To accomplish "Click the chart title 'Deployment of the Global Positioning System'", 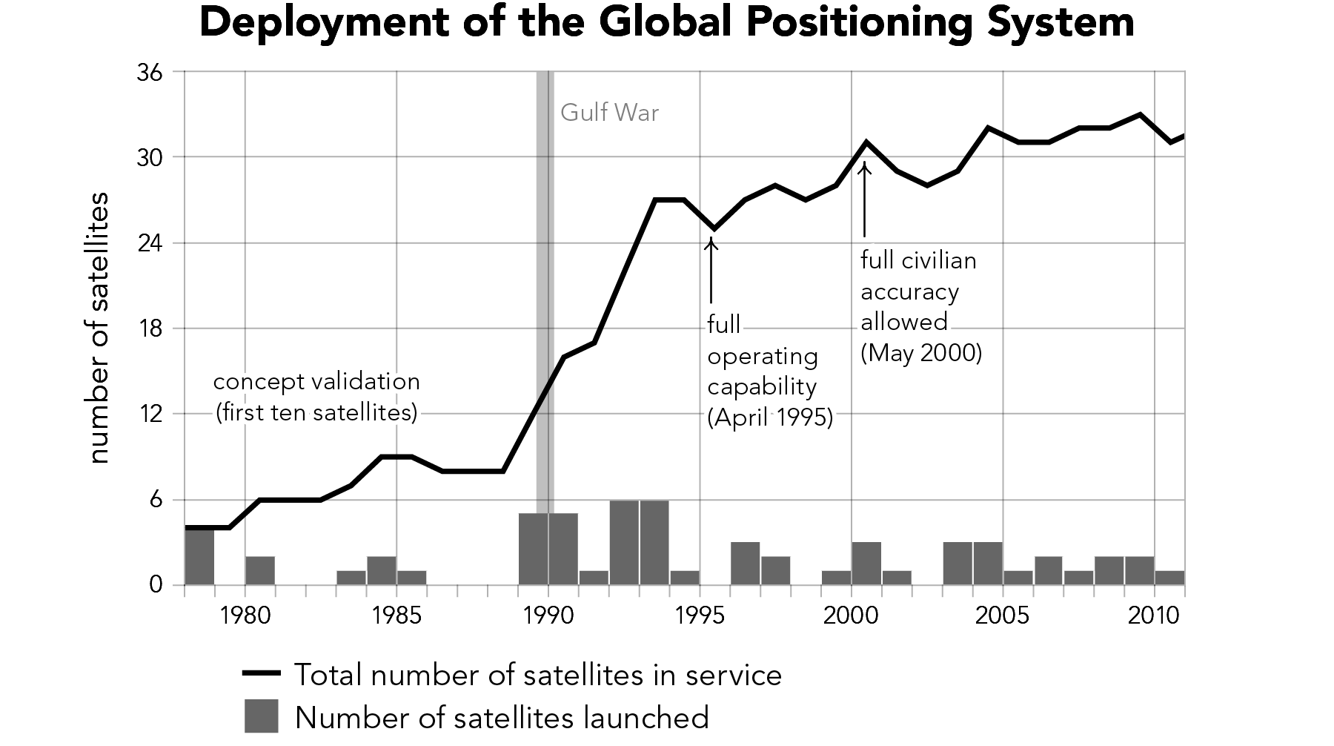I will point(666,24).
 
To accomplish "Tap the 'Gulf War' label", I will point(609,113).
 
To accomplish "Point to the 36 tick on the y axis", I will point(150,73).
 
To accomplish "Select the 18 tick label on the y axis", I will point(150,329).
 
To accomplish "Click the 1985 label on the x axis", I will point(396,615).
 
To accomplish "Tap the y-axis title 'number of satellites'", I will point(99,329).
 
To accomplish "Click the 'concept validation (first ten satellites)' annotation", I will point(316,397).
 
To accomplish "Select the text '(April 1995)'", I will point(770,418).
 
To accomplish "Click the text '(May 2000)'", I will point(921,353).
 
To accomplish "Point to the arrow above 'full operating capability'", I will point(711,271).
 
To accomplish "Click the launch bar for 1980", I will point(260,571).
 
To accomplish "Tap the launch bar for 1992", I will point(624,543).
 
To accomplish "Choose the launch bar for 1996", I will point(746,564).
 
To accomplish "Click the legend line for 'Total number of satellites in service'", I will point(262,674).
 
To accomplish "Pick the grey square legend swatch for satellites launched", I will point(262,716).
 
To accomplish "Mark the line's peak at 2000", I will point(866,142).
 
